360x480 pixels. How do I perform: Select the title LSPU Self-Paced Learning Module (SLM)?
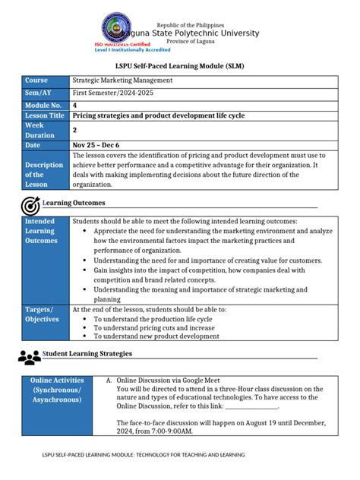coord(179,67)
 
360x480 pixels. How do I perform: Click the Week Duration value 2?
coord(74,130)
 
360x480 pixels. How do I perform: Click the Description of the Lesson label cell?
coord(45,174)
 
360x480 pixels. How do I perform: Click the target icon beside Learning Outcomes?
coord(31,205)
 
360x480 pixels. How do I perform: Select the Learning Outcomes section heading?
coord(75,204)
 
